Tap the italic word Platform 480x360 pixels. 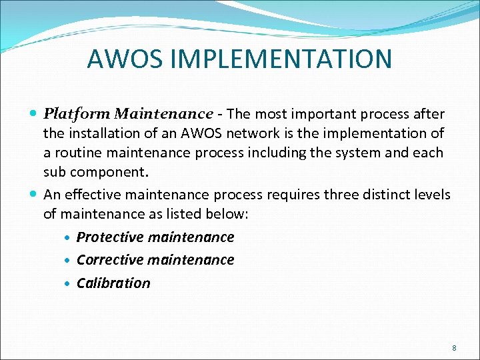click(71, 114)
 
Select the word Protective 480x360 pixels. click(110, 237)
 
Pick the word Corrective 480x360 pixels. click(110, 260)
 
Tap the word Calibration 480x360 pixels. click(113, 283)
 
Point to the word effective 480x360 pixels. click(85, 195)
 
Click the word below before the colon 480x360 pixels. click(227, 214)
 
